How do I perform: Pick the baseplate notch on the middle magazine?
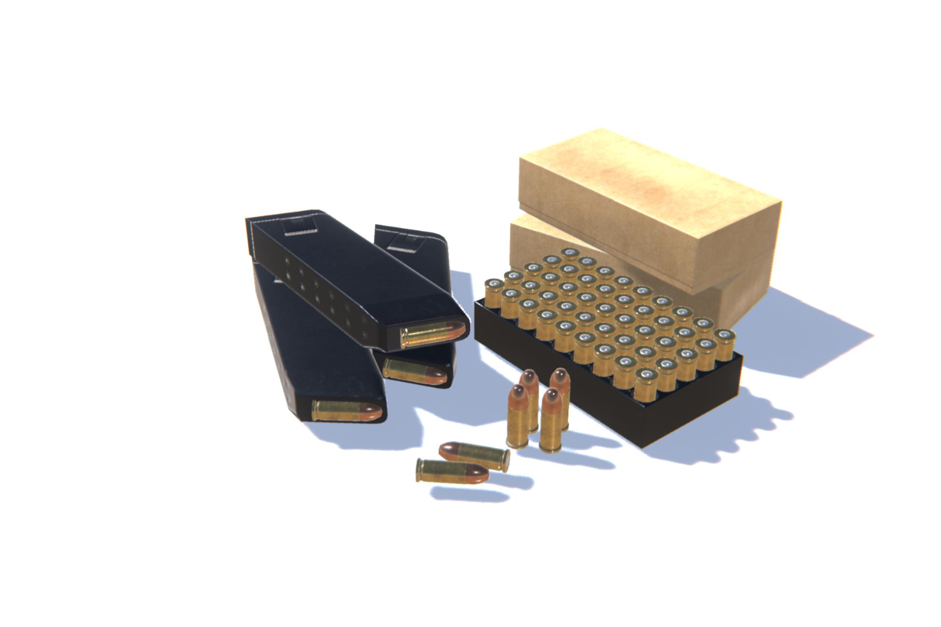pyautogui.click(x=403, y=242)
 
